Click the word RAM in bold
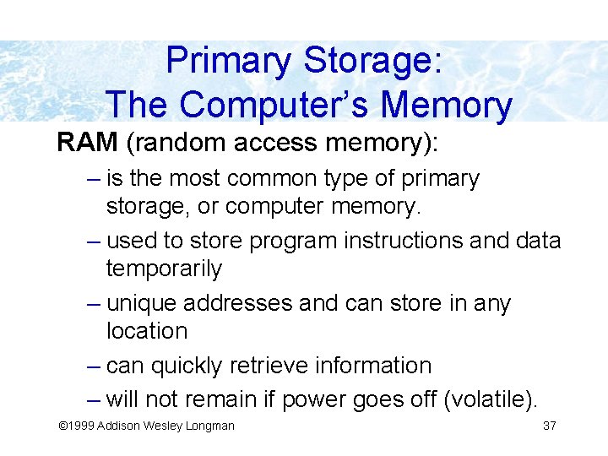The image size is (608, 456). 87,142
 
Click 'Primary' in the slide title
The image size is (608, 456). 229,62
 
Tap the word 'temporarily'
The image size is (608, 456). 164,269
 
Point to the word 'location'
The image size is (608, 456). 147,331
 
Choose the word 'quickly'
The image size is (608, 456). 188,366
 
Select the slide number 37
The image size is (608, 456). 549,426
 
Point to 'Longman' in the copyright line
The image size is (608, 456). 210,426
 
